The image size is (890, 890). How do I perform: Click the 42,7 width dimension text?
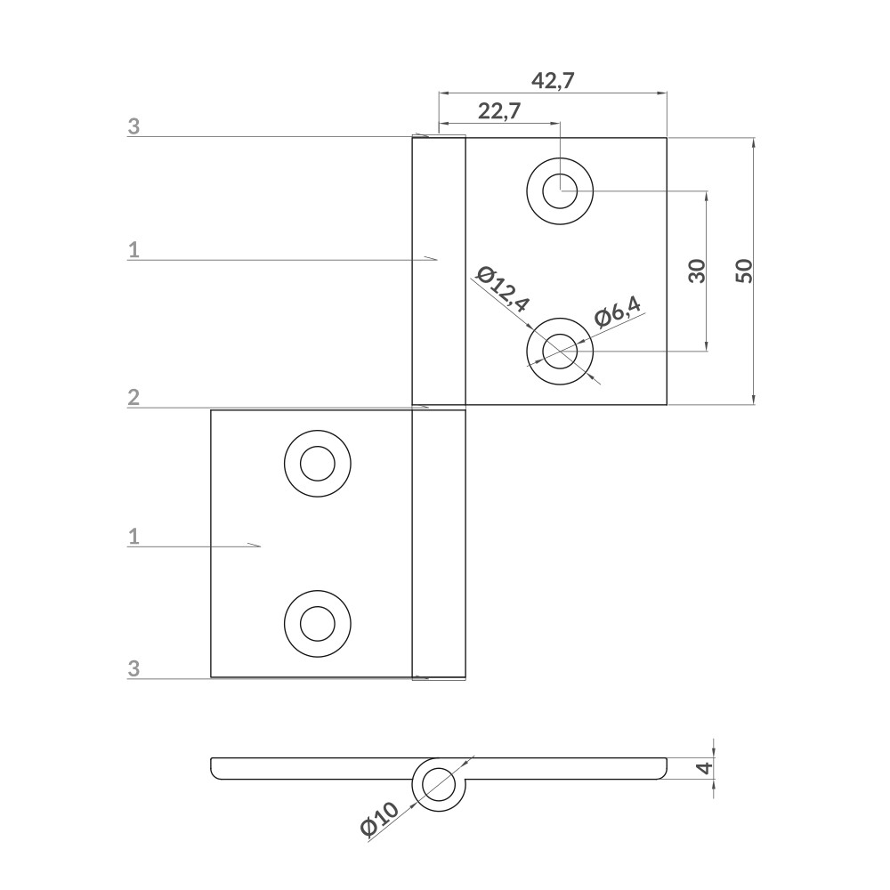[553, 81]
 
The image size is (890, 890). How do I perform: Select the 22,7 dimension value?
[499, 111]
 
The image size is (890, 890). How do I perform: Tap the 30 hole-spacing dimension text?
[697, 271]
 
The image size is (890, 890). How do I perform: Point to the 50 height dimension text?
[745, 271]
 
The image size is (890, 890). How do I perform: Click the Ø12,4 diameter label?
[502, 289]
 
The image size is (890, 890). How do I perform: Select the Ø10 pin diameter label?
[380, 820]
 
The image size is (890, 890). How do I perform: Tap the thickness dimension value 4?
[704, 766]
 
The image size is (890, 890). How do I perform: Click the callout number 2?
[133, 398]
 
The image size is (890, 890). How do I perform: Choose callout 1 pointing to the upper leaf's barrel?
[133, 250]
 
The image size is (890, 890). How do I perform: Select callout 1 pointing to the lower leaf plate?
[133, 536]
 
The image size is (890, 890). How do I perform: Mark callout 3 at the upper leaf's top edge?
[133, 126]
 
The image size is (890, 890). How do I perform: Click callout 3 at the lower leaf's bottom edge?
[133, 669]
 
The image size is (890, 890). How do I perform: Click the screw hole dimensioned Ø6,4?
[560, 351]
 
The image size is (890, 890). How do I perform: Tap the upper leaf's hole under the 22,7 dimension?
[560, 190]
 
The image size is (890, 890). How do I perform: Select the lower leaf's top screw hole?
[317, 464]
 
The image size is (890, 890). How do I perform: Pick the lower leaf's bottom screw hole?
[317, 623]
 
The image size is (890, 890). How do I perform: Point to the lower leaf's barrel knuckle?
[439, 543]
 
